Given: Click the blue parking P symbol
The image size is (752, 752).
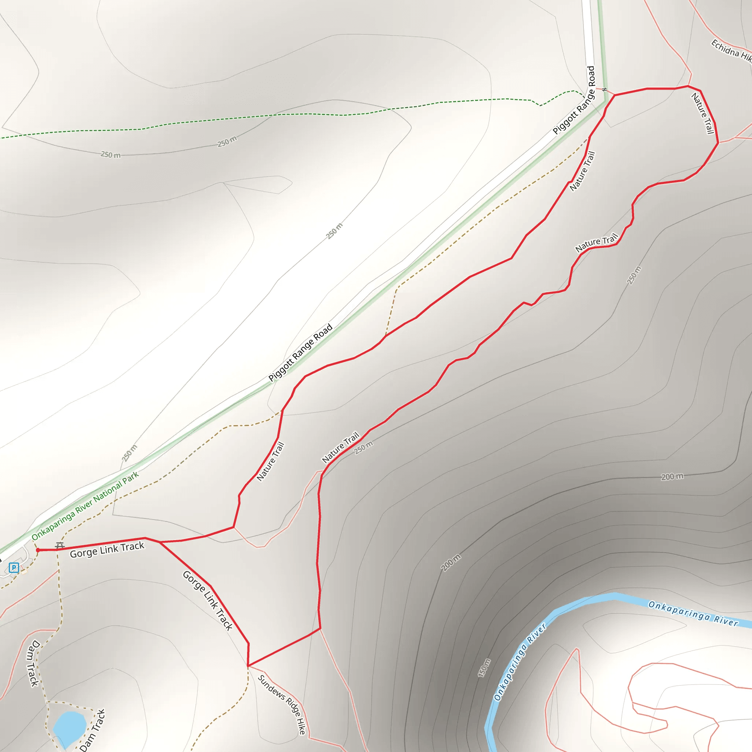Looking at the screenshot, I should (x=14, y=568).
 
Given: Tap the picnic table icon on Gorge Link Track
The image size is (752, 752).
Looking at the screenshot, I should (x=59, y=546).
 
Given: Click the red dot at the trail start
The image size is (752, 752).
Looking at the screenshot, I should (x=38, y=550).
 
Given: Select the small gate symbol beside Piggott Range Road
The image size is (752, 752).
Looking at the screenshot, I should (x=604, y=90).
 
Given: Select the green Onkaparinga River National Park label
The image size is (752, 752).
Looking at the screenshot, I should (x=85, y=506).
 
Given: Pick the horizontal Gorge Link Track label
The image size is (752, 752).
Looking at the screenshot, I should (x=107, y=550).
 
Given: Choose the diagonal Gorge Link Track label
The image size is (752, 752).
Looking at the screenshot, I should (x=208, y=601).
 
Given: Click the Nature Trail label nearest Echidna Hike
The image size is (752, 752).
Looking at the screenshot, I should (x=703, y=113).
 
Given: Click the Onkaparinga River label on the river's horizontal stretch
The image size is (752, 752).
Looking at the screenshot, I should (x=693, y=614).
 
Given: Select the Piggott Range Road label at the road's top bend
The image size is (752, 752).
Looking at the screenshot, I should (x=574, y=100).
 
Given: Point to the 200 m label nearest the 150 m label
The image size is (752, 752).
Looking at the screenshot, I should (x=451, y=563).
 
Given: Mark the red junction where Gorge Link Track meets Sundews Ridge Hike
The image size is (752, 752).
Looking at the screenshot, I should (x=248, y=666).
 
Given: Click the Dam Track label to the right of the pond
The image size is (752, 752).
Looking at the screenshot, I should (x=93, y=730).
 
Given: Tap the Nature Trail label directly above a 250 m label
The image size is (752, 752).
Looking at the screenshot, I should (x=341, y=448).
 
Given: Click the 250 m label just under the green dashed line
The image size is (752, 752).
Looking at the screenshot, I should (x=227, y=142).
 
